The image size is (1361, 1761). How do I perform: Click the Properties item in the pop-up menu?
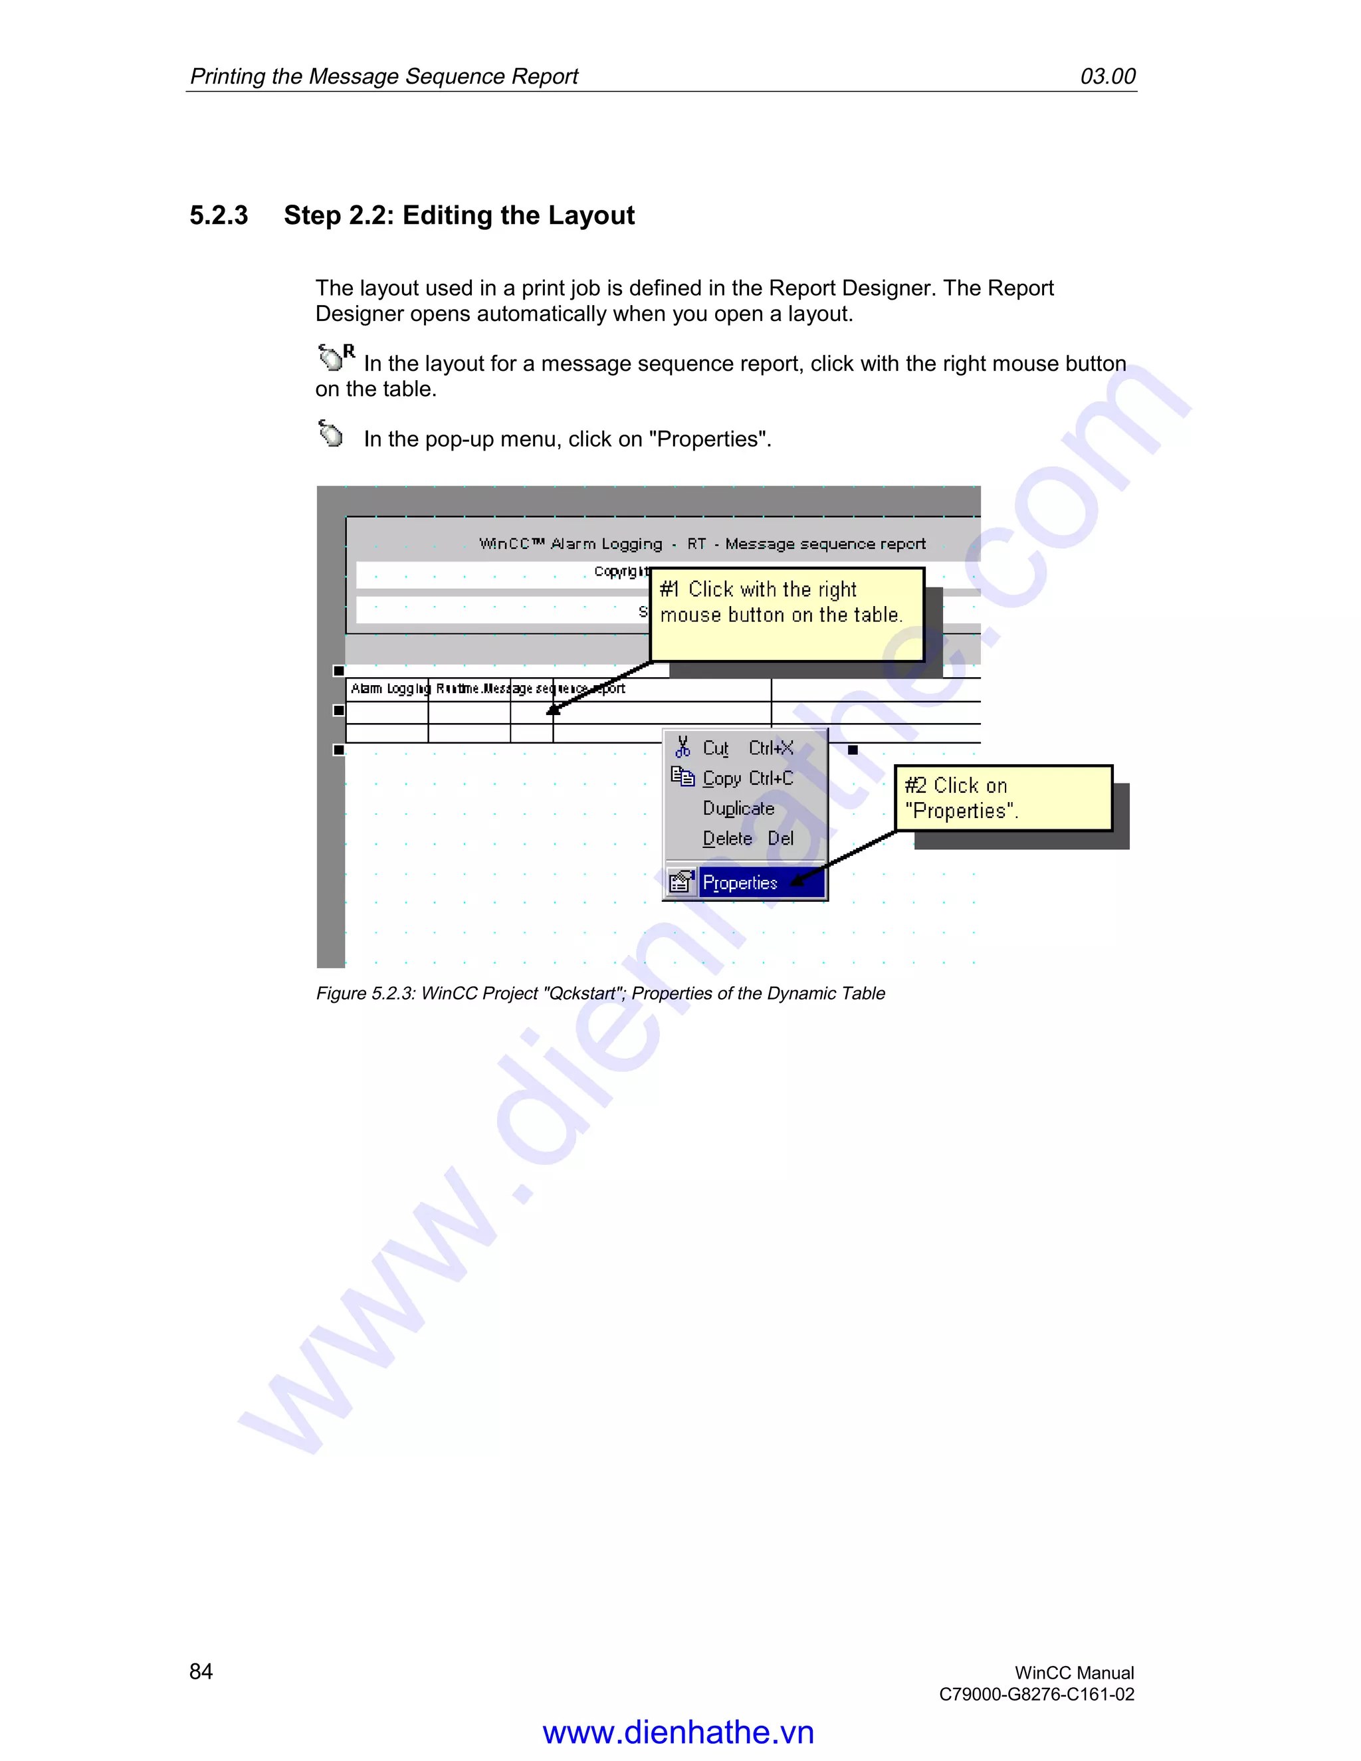(740, 883)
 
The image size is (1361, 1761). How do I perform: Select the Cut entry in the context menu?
(715, 748)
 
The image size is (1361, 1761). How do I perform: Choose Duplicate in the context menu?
(738, 809)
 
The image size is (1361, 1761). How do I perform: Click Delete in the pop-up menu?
(727, 839)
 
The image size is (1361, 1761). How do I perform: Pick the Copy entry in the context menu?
(722, 779)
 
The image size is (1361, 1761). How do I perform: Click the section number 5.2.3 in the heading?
(219, 215)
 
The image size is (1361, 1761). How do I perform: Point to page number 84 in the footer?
(201, 1671)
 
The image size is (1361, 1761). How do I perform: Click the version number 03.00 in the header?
(1107, 76)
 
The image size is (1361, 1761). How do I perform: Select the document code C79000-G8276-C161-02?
(1036, 1694)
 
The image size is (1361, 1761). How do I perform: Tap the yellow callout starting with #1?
(786, 615)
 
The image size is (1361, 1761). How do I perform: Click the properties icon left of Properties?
(681, 882)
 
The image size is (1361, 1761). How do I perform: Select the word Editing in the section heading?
(447, 215)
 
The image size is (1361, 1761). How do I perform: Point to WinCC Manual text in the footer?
(1074, 1673)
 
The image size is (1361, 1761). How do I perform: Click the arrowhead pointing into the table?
(553, 710)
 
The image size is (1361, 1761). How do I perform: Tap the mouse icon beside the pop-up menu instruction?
(330, 434)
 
